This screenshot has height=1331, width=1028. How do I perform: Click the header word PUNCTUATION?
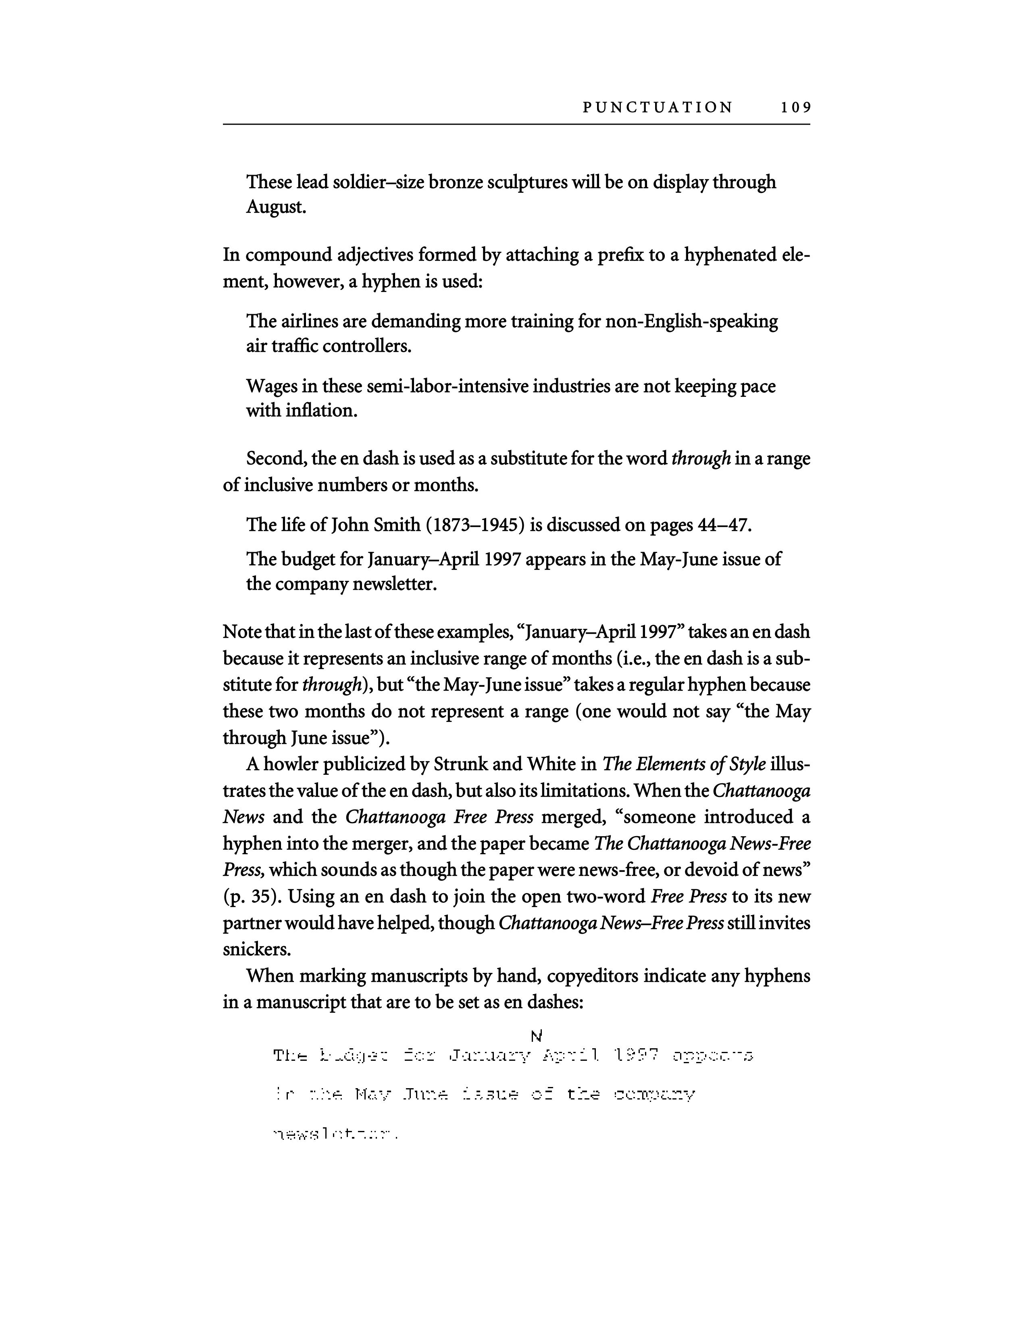tap(658, 108)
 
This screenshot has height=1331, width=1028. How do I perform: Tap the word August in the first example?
tap(275, 207)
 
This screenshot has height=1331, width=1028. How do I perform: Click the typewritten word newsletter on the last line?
tap(335, 1134)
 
